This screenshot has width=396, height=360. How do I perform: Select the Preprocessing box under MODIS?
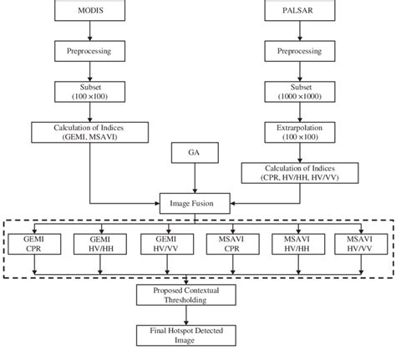tap(89, 52)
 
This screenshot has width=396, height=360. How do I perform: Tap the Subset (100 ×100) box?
tap(89, 92)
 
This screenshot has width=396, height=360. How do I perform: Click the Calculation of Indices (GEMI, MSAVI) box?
tap(89, 132)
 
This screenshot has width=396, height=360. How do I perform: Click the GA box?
tap(195, 153)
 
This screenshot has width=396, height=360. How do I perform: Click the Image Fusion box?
tap(195, 202)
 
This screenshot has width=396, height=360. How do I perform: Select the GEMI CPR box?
tap(34, 243)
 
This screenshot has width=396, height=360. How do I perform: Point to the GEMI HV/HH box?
tap(99, 243)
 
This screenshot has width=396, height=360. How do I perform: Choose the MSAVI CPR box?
tap(229, 243)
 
